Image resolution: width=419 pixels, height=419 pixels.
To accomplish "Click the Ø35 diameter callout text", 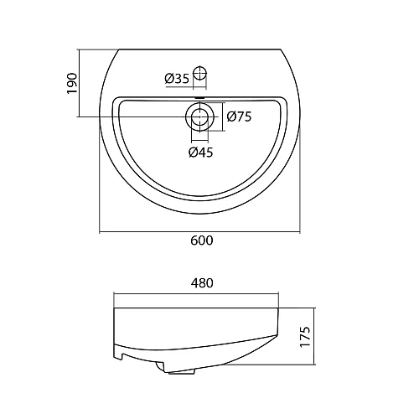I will point(177,78).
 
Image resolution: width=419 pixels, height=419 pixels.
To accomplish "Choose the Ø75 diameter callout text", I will point(240,117).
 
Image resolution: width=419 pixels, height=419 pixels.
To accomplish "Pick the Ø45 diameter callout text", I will point(199,152).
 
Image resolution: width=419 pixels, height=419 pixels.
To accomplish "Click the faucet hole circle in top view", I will point(199,74).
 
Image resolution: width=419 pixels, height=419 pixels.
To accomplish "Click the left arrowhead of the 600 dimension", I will point(102,230).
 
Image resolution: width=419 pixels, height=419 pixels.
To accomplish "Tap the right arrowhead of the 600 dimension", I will point(297,230).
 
